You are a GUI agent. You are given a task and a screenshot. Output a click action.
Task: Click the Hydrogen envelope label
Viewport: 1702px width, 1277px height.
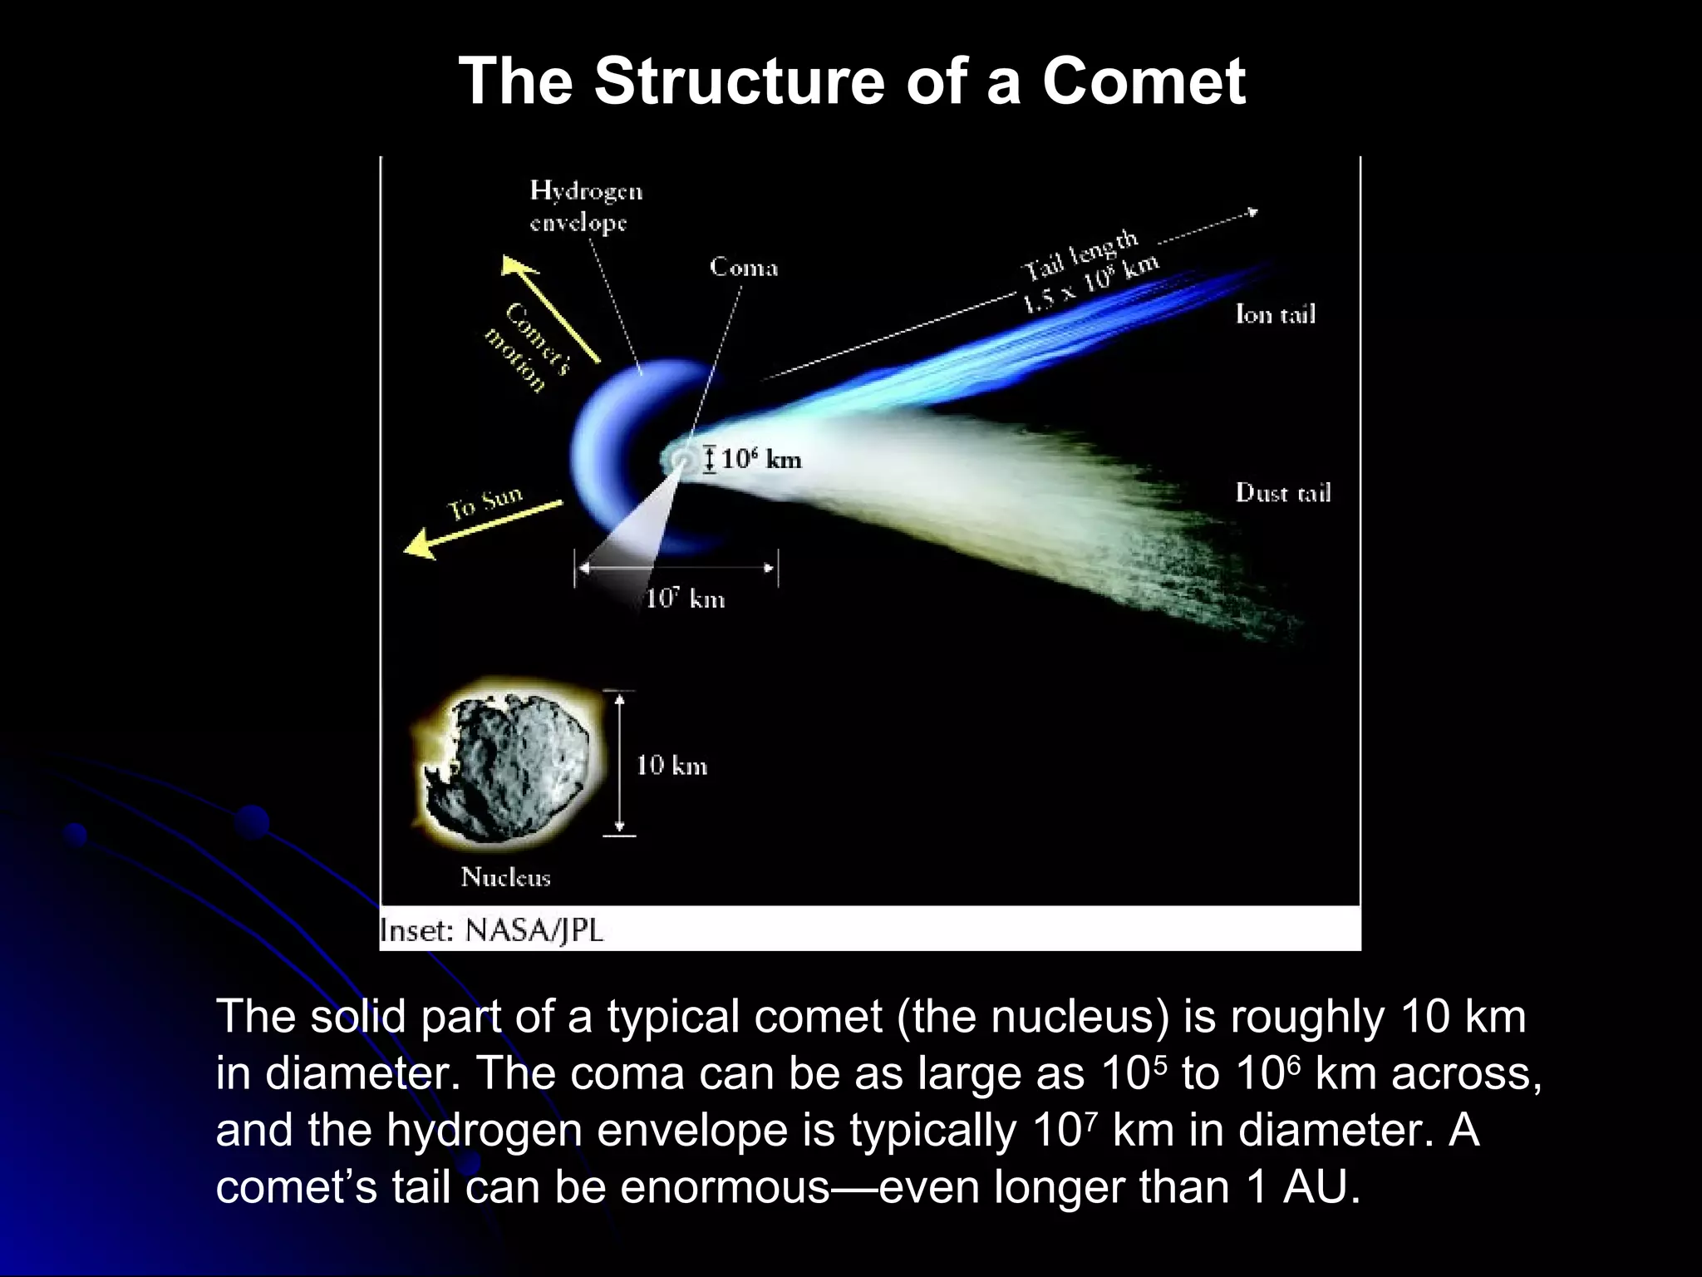[586, 206]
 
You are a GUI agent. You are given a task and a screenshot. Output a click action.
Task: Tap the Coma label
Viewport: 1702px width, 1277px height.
[743, 268]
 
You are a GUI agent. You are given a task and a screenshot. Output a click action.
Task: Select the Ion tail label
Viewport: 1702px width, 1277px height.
[1275, 314]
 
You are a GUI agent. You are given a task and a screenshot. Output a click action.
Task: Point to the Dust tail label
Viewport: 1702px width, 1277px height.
[1282, 493]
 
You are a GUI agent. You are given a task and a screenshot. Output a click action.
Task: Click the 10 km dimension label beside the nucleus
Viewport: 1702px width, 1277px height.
[671, 766]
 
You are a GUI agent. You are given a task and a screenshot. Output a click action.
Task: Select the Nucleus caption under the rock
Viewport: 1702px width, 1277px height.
[505, 877]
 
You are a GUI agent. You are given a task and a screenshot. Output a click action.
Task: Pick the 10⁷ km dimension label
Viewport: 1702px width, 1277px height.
[685, 599]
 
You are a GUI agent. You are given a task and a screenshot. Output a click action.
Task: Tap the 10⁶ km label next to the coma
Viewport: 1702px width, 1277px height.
[760, 460]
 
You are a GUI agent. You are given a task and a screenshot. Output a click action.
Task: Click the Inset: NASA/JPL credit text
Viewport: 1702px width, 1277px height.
[491, 930]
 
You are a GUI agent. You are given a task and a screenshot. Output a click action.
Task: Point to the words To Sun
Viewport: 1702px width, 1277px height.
[485, 503]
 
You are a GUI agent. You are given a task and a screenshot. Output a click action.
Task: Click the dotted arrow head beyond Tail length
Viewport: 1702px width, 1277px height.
[1252, 213]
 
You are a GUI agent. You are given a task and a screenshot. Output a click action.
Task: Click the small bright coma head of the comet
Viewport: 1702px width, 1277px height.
[681, 460]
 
